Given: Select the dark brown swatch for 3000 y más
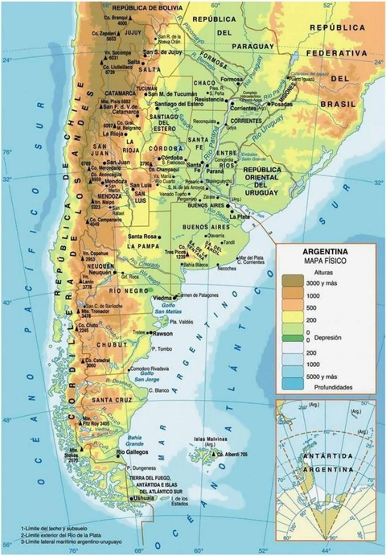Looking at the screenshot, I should tap(294, 280).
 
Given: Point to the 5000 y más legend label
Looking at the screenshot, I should tap(326, 376).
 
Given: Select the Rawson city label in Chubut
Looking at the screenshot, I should tap(163, 333).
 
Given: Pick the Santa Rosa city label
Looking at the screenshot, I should tap(142, 236).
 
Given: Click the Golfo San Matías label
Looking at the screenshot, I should tap(182, 311).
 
